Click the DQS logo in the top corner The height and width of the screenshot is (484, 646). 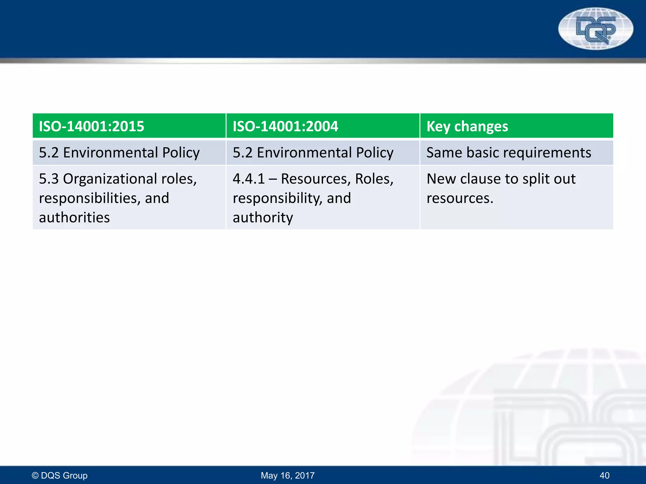[596, 29]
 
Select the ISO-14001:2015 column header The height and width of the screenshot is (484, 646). [91, 126]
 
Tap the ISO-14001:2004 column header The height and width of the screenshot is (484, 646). [285, 126]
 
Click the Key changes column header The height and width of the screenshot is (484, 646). [467, 126]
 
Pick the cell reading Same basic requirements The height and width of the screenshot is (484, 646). [508, 153]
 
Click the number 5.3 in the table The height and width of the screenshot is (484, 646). [49, 179]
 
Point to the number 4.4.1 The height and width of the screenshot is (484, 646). [249, 179]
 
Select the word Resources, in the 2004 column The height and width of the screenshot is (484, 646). [315, 179]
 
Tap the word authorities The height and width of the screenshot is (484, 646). [74, 217]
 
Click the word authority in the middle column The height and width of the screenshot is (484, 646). [263, 217]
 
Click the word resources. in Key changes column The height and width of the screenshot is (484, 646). [460, 198]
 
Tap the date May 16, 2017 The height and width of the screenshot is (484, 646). [288, 475]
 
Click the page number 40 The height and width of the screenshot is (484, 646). [604, 475]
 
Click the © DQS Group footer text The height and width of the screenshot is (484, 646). [60, 475]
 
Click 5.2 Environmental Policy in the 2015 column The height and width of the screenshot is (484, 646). [119, 153]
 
